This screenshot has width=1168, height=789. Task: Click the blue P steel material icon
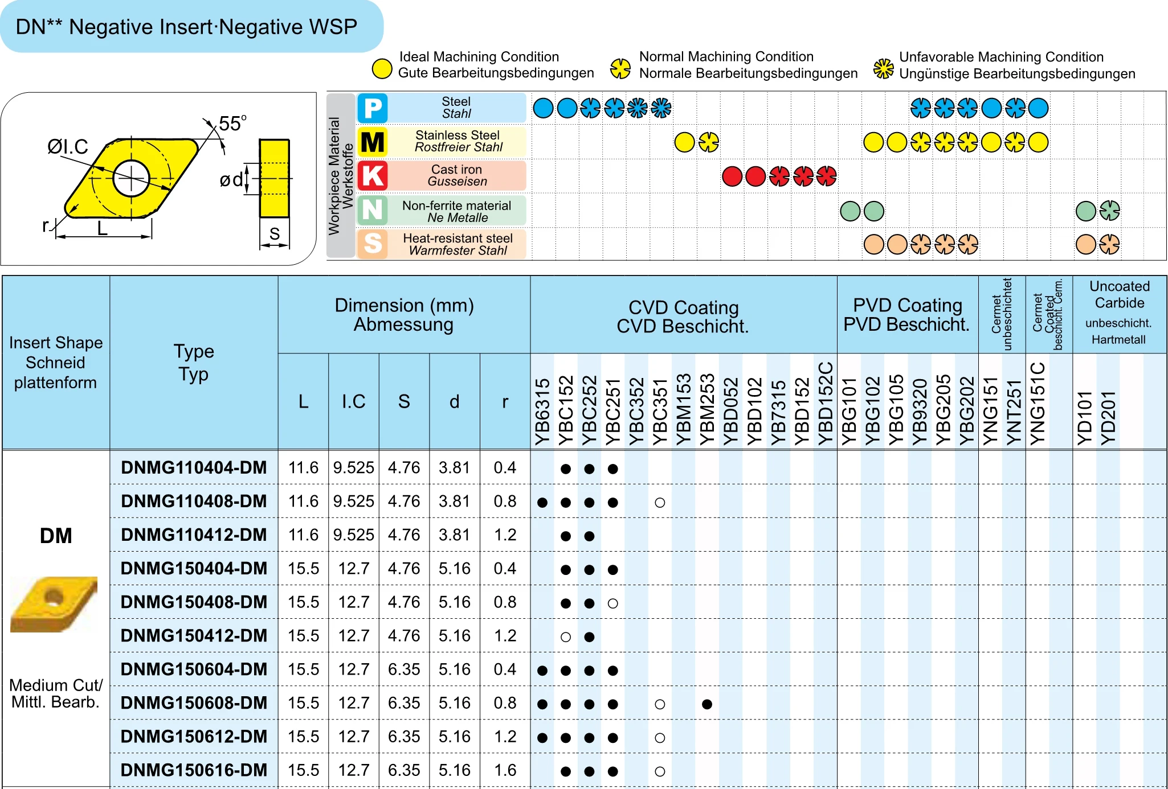(x=373, y=108)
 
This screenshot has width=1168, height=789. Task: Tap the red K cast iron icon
(x=373, y=176)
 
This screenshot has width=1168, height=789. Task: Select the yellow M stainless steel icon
(x=373, y=142)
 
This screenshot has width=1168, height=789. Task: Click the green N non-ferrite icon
(x=373, y=210)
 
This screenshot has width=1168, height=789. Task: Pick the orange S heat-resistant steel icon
(x=373, y=244)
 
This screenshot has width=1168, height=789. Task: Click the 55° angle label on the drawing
(x=232, y=124)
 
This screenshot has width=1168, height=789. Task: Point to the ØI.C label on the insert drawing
(x=67, y=147)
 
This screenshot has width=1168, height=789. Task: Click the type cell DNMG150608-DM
(x=194, y=703)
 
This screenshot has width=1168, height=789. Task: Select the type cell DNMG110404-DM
(x=194, y=468)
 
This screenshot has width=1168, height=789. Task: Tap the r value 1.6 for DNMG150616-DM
(x=505, y=770)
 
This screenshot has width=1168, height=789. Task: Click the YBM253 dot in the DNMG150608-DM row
(x=707, y=704)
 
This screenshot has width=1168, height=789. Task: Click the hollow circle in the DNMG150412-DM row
(x=566, y=637)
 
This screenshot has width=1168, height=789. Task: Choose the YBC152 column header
(x=566, y=410)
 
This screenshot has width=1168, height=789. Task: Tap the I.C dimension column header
(x=353, y=401)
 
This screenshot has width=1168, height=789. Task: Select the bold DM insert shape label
(x=56, y=536)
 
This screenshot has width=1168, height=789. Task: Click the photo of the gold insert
(x=54, y=603)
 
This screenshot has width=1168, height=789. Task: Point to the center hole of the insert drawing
(x=131, y=179)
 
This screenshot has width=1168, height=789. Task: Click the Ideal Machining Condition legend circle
(x=382, y=69)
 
